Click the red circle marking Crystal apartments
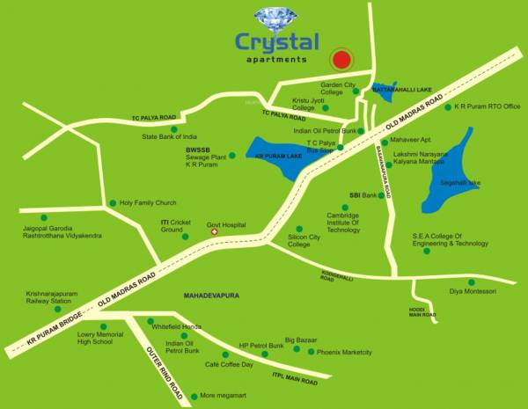tap(341, 60)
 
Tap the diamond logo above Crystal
tap(277, 18)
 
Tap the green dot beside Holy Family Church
tap(113, 203)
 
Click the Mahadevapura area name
tap(212, 298)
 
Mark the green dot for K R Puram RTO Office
tap(447, 107)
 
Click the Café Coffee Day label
tap(229, 364)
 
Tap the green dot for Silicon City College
tap(301, 229)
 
